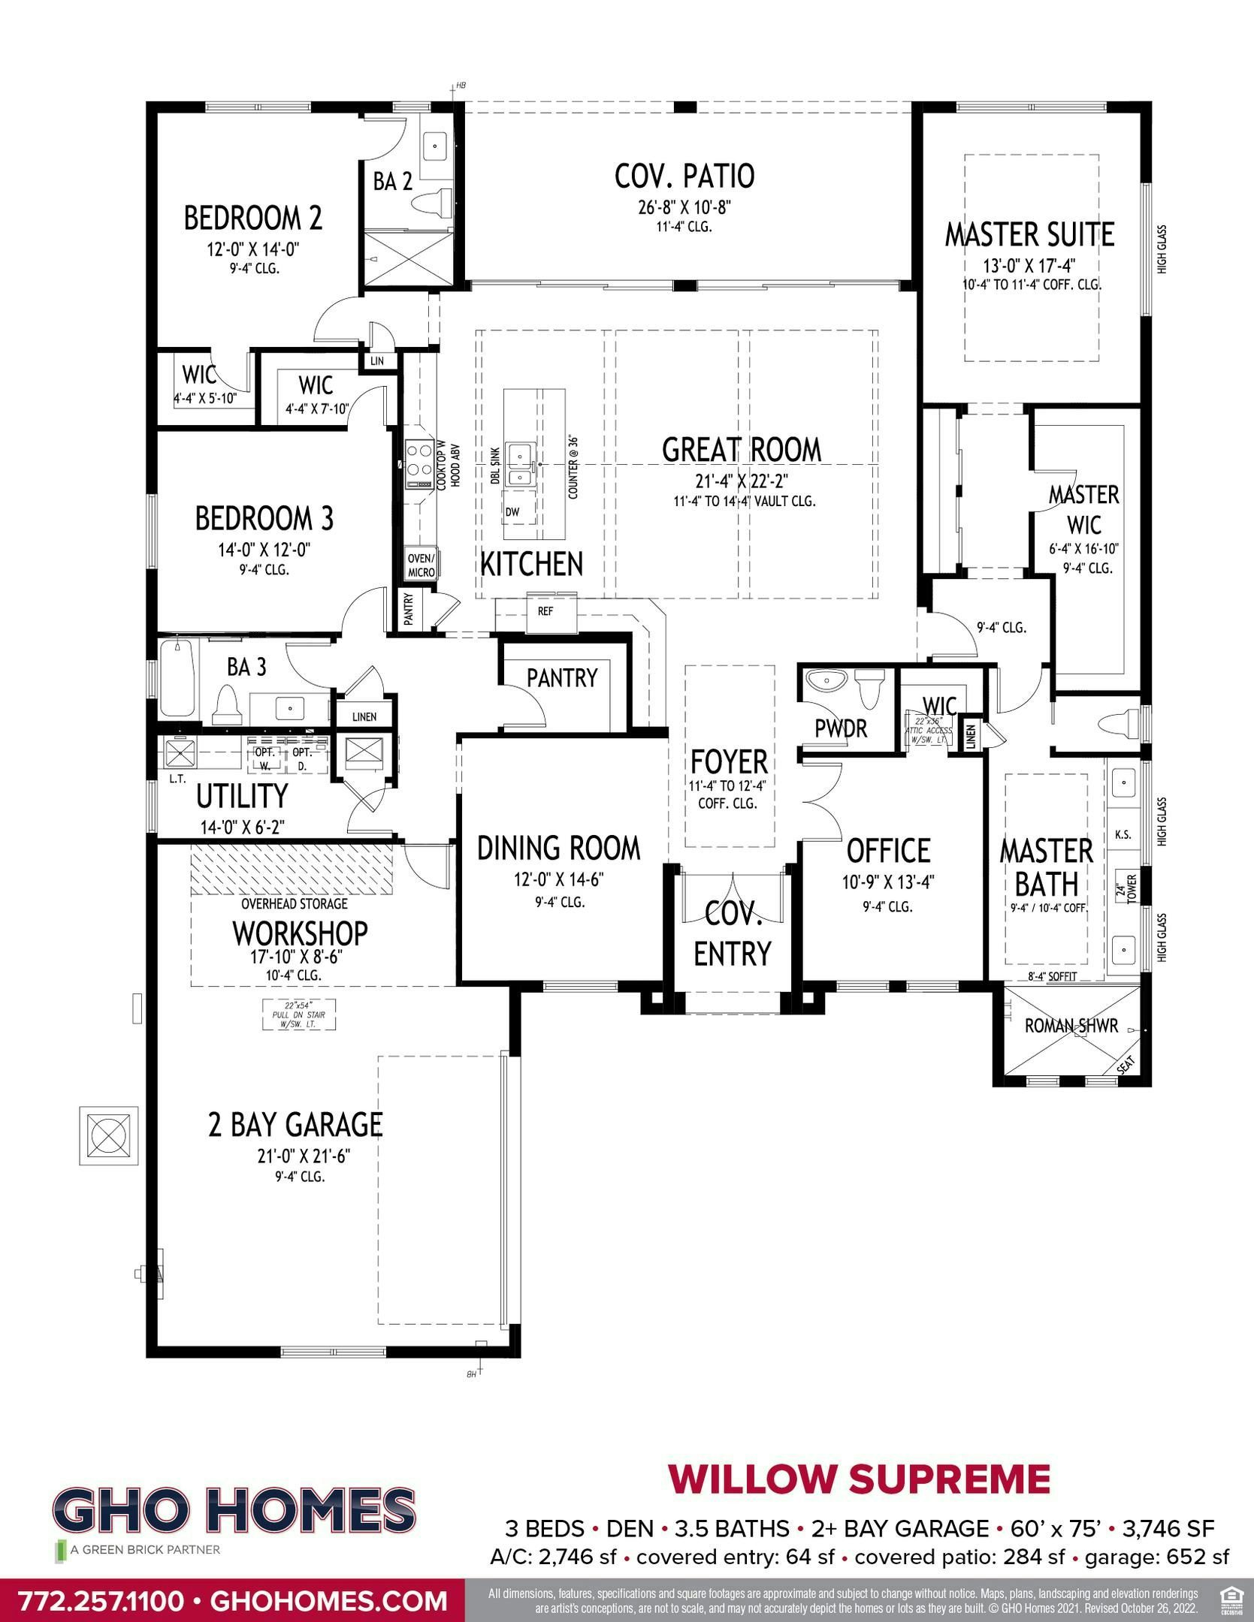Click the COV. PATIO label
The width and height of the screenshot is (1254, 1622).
point(684,176)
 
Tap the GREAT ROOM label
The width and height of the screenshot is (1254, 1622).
point(741,450)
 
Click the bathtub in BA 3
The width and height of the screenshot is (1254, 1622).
point(177,679)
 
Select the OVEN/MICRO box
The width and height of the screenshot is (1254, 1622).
point(421,565)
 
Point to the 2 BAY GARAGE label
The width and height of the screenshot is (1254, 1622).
point(295,1124)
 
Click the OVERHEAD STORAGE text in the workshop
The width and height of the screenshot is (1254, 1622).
point(294,904)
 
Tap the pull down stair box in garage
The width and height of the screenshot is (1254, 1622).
point(299,1015)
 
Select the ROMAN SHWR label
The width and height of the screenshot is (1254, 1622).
point(1071,1026)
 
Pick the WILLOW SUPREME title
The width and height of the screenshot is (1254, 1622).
point(859,1479)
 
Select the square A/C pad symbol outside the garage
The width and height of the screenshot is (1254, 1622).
point(109,1135)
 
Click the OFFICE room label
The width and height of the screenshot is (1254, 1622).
point(888,851)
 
